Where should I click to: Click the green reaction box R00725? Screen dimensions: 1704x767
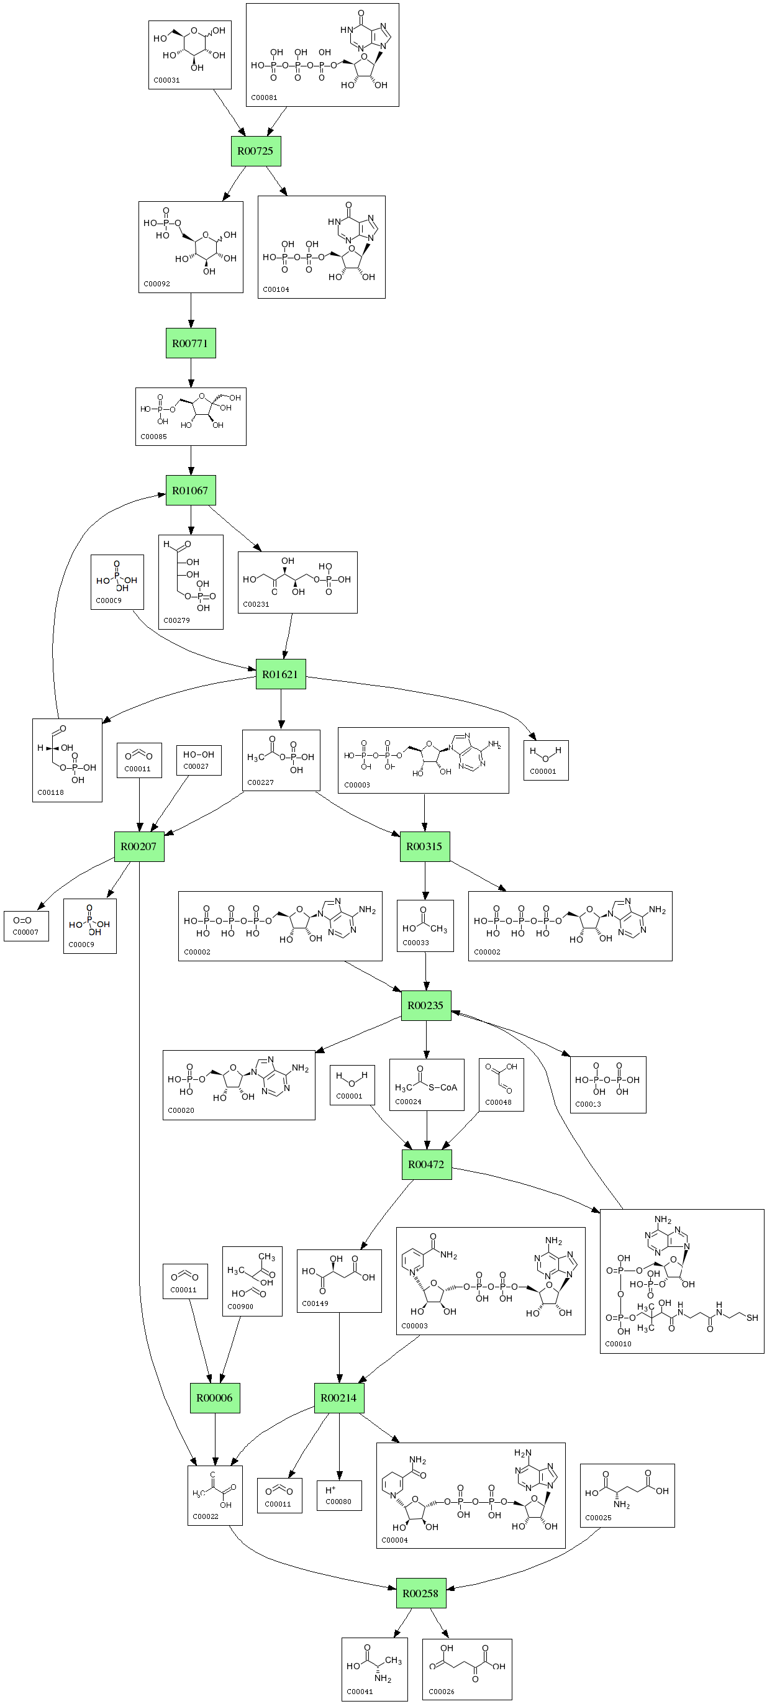click(x=255, y=151)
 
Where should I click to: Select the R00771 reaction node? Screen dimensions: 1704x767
click(x=191, y=343)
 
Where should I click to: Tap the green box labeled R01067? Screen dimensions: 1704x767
click(x=191, y=490)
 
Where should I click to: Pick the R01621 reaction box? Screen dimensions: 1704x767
click(x=281, y=674)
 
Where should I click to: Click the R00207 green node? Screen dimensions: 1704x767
click(x=139, y=846)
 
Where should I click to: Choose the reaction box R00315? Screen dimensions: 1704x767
click(x=424, y=846)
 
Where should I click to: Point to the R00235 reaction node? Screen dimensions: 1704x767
click(x=425, y=1005)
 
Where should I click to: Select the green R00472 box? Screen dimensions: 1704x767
click(x=426, y=1164)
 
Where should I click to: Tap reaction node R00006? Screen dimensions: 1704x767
click(x=214, y=1398)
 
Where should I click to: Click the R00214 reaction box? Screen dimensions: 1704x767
click(x=339, y=1398)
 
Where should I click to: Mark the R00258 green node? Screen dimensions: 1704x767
click(x=421, y=1593)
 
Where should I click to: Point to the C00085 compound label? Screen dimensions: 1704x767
click(x=153, y=437)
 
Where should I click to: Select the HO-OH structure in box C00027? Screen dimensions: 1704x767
click(x=199, y=754)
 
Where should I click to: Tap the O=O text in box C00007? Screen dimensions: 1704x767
click(x=22, y=920)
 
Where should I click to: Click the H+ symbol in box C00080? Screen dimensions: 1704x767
click(x=331, y=1490)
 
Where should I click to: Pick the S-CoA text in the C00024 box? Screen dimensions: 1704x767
click(x=443, y=1087)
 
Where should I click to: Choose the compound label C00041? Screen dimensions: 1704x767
click(x=360, y=1692)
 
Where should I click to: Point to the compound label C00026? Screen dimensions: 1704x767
click(x=442, y=1692)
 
